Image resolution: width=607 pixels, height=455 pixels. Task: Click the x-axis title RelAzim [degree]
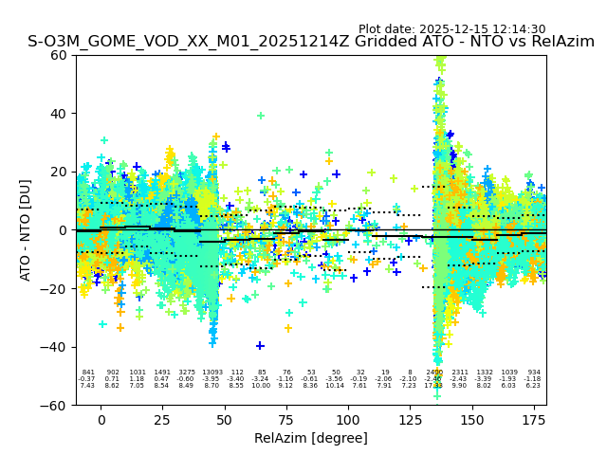[x=311, y=438]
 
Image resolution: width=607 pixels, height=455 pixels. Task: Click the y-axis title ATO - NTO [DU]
[x=26, y=230]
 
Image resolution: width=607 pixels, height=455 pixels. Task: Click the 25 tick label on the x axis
[x=163, y=419]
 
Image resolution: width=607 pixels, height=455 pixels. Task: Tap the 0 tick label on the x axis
[x=101, y=419]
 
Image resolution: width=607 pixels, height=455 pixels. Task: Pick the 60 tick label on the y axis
[x=59, y=55]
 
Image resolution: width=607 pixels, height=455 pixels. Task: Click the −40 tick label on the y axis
[x=55, y=347]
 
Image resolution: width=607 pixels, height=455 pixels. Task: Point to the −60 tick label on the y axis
[x=55, y=406]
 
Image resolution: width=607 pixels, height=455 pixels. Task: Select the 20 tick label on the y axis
[x=59, y=172]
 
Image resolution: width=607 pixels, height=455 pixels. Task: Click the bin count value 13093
[x=212, y=373]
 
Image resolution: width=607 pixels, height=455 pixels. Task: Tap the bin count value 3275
[x=187, y=373]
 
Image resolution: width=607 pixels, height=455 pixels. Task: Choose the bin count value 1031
[x=138, y=373]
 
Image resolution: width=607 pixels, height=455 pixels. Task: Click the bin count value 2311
[x=460, y=373]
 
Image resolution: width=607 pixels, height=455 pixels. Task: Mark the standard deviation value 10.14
[x=335, y=386]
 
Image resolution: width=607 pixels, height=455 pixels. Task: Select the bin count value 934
[x=534, y=373]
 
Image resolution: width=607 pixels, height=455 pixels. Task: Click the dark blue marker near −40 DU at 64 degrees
[x=260, y=345]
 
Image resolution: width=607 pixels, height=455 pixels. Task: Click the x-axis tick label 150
[x=472, y=419]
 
